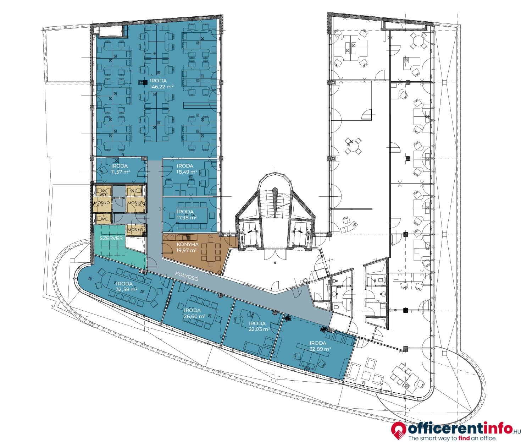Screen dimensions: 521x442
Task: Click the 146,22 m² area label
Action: [x=162, y=87]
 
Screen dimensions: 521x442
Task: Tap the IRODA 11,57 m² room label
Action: [x=121, y=169]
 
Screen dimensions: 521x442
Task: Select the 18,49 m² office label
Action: [x=187, y=172]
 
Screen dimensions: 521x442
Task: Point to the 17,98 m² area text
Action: [x=187, y=218]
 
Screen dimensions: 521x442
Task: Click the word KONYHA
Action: [x=188, y=245]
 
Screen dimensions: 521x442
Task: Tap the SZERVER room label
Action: [x=111, y=239]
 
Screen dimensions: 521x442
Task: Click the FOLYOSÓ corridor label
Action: [x=187, y=276]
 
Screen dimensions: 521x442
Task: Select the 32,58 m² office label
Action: [x=127, y=290]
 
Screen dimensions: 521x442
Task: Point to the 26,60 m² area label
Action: [x=195, y=316]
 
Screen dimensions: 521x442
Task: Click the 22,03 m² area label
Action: [x=259, y=329]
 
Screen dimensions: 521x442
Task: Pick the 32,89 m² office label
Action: [x=320, y=349]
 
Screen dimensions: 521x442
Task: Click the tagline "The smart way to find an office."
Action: [x=453, y=438]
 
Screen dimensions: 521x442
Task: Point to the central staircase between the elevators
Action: [x=275, y=204]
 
